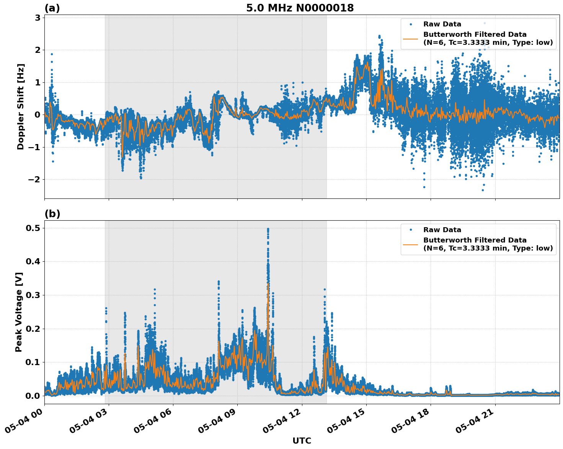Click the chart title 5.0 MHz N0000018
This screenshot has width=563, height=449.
point(300,8)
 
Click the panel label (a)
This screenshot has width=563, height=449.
point(52,8)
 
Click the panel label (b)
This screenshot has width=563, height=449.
point(52,214)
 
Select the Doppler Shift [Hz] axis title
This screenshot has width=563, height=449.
point(21,107)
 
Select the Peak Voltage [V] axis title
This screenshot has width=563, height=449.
point(19,312)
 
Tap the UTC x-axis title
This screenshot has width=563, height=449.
point(302,441)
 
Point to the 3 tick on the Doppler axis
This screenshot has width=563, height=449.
point(37,18)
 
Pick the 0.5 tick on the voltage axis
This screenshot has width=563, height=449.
point(33,228)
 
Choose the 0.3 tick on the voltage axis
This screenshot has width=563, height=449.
point(33,295)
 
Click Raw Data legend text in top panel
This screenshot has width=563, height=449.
point(442,24)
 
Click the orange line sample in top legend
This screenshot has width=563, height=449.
point(411,38)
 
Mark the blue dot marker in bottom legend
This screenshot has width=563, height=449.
point(411,230)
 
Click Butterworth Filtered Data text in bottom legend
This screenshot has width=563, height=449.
point(475,240)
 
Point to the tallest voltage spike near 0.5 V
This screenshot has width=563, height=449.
point(268,229)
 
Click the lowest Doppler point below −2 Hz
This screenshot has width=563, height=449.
point(483,190)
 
